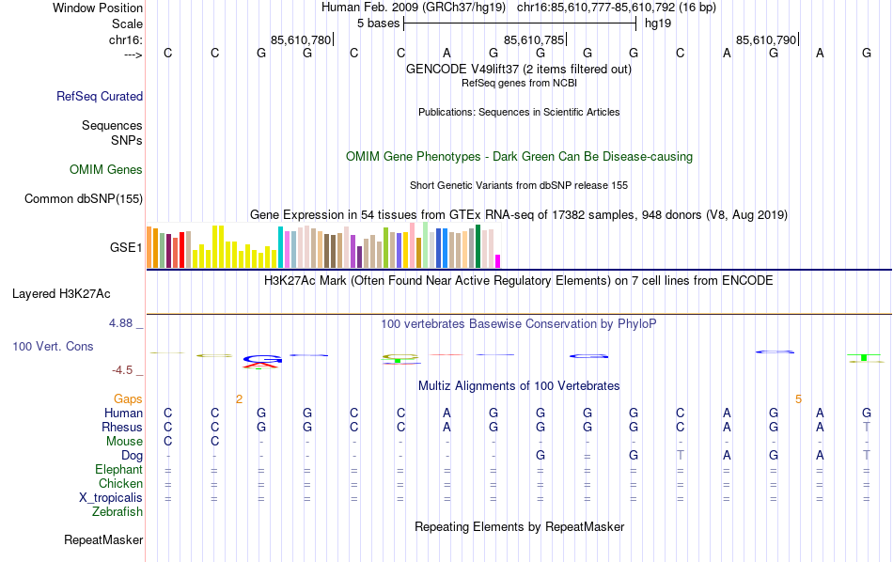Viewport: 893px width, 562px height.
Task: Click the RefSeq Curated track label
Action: point(100,96)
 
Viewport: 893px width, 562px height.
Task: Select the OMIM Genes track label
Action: point(106,170)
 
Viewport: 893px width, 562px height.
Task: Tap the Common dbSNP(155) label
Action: point(84,198)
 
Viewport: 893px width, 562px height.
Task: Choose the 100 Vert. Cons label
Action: point(53,347)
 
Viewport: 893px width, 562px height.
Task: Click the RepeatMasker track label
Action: point(103,540)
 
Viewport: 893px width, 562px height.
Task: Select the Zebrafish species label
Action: point(117,512)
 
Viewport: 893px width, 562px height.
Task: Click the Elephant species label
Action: point(118,470)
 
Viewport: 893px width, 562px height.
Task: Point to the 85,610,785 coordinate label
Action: point(534,40)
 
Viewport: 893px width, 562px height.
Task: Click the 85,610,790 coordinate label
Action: point(766,40)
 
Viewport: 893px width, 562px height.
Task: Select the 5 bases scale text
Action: point(378,23)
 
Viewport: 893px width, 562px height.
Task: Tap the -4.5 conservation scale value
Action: point(122,370)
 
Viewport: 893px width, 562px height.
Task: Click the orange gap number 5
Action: point(798,399)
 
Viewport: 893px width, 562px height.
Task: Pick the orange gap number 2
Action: point(239,399)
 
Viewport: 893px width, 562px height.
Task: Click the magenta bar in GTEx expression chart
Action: point(498,261)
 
